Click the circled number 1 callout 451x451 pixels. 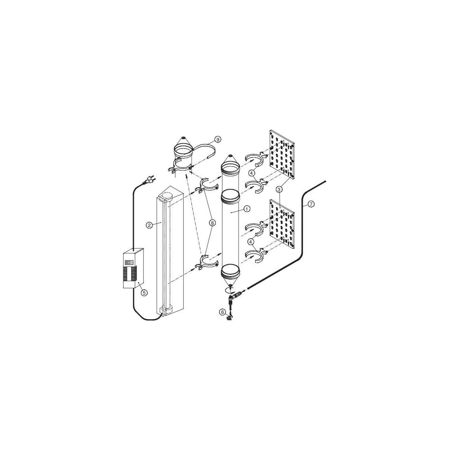tap(247, 209)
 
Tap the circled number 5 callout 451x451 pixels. tap(144, 292)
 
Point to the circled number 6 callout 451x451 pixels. tap(222, 312)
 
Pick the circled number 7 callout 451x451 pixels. tap(311, 204)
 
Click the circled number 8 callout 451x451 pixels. tap(212, 223)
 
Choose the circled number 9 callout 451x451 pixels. tap(218, 139)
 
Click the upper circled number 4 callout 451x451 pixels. tap(251, 173)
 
